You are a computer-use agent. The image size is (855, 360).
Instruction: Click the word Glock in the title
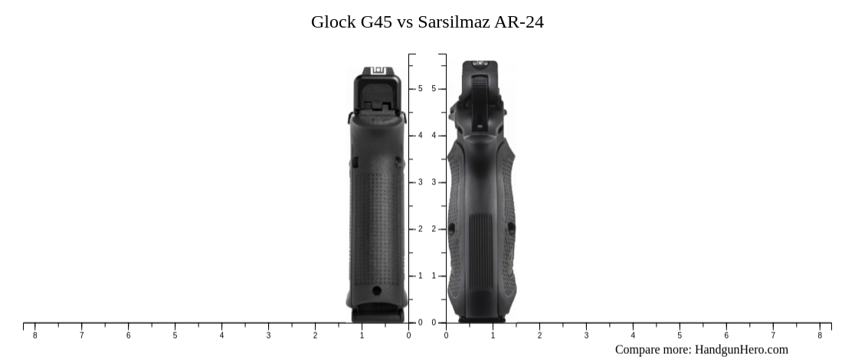click(x=333, y=21)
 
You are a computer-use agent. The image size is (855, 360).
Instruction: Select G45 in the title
click(x=376, y=21)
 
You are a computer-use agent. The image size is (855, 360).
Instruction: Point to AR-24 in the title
click(x=520, y=21)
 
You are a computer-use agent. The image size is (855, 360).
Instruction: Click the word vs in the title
click(x=405, y=21)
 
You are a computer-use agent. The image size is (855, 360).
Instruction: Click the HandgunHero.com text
click(x=741, y=349)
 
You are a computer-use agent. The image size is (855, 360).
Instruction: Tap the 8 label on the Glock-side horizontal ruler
click(x=34, y=335)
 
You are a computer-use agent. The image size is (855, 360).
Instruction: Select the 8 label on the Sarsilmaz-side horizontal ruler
click(x=820, y=335)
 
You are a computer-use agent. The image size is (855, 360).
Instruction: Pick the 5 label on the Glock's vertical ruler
click(x=420, y=89)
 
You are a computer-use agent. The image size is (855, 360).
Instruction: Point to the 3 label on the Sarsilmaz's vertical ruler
click(x=434, y=182)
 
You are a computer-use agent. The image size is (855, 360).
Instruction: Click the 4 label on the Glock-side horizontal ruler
click(x=221, y=335)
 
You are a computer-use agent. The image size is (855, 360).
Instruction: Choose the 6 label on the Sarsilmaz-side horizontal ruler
click(x=726, y=335)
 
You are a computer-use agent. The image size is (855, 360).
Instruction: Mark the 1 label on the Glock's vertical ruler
click(x=420, y=276)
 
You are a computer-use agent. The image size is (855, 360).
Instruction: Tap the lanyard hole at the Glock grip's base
click(x=376, y=290)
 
